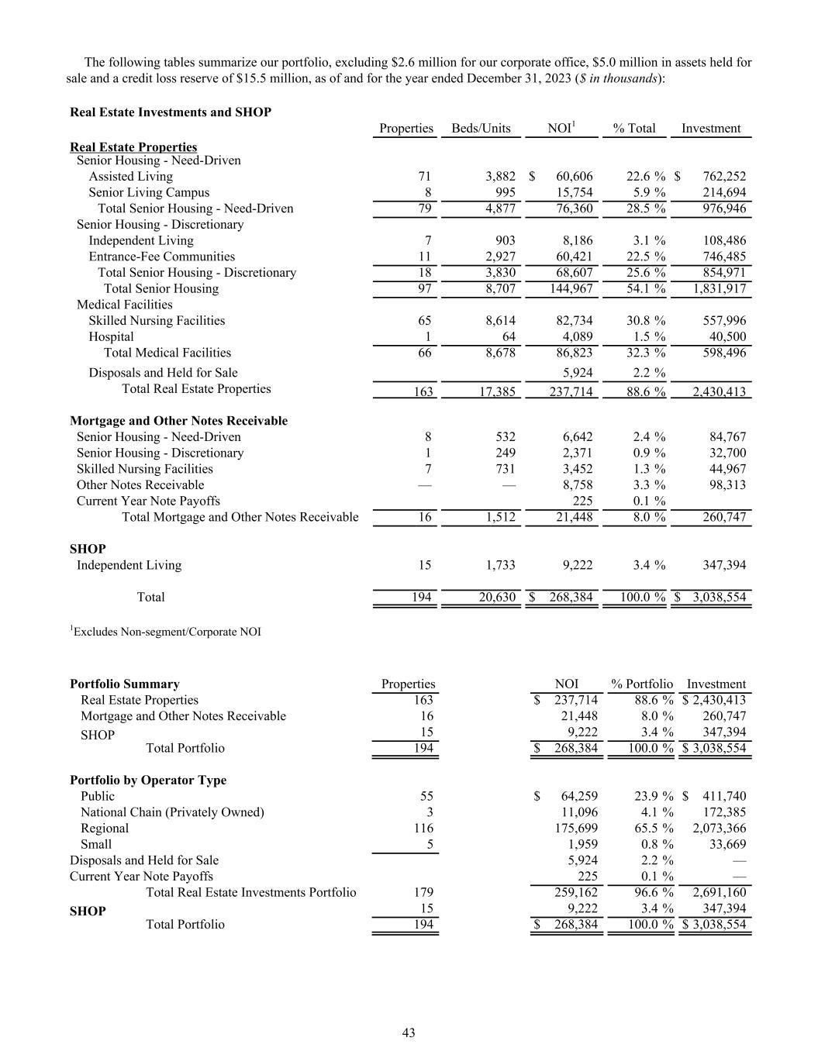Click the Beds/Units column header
(481, 129)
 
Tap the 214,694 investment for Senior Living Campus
(719, 192)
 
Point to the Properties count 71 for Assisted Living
(424, 177)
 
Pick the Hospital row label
(111, 336)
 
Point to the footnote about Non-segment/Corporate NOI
(166, 632)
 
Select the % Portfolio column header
(642, 684)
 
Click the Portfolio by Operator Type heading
(148, 780)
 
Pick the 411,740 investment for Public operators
(724, 796)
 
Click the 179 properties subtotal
(424, 892)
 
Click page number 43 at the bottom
(409, 1032)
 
